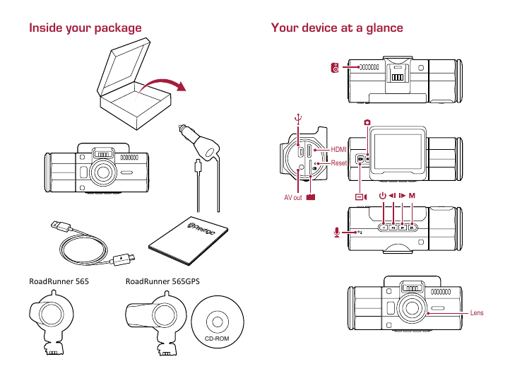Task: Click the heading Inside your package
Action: (x=85, y=28)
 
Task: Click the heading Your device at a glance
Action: (x=337, y=28)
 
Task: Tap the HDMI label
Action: (x=339, y=149)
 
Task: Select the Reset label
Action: (x=339, y=163)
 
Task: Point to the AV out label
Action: (x=293, y=198)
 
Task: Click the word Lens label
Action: (x=477, y=312)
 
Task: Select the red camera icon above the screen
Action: (x=368, y=123)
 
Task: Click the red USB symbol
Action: (x=298, y=119)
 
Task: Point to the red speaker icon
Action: (x=336, y=68)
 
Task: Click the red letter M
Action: (x=412, y=195)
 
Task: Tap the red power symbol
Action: (x=382, y=195)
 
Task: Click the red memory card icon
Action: (x=311, y=197)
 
